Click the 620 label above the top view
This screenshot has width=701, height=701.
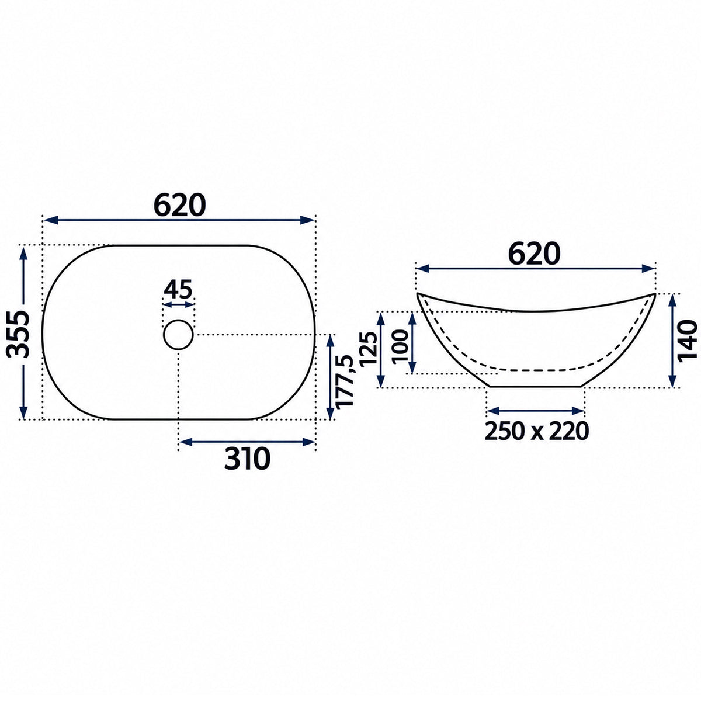(180, 205)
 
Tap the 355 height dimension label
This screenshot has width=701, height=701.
(18, 334)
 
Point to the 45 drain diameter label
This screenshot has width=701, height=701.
(178, 290)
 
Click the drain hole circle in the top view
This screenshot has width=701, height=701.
(178, 335)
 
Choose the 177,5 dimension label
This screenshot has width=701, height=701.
(345, 381)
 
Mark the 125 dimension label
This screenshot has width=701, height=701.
(367, 349)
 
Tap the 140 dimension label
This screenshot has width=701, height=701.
(688, 340)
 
